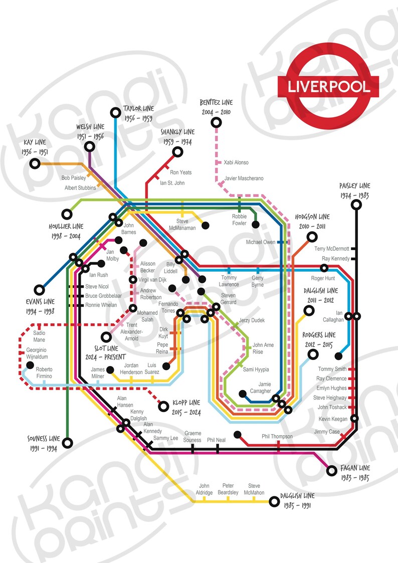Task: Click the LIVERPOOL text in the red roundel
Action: pos(329,86)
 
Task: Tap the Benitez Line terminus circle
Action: pos(216,122)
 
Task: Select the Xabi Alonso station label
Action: pos(236,162)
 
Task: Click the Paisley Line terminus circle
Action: pos(356,205)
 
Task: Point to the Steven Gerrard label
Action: pos(228,299)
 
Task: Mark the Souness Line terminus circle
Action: pos(69,443)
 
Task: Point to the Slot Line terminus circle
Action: pos(106,337)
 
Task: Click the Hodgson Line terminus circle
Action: pos(312,237)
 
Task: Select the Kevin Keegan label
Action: pos(332,419)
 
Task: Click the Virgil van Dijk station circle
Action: pos(133,280)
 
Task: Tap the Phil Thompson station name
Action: pos(277,437)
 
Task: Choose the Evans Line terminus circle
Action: pos(39,289)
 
